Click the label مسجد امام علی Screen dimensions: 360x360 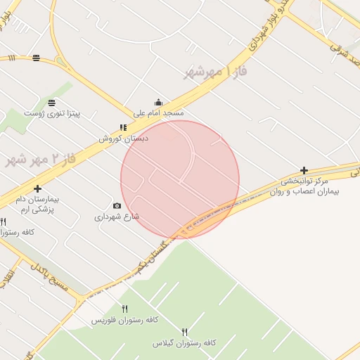click(x=159, y=112)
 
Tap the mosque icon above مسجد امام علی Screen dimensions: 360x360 click(x=158, y=102)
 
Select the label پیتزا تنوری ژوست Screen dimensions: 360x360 click(x=52, y=112)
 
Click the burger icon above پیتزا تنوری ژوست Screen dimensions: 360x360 click(x=52, y=103)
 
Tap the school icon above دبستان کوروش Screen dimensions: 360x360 click(x=123, y=128)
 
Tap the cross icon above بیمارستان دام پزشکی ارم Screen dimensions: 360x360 click(x=37, y=188)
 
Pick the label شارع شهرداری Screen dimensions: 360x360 click(x=117, y=217)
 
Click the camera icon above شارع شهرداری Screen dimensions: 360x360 click(x=117, y=206)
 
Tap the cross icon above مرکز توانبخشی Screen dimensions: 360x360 click(x=304, y=170)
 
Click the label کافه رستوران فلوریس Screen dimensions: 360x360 click(x=125, y=320)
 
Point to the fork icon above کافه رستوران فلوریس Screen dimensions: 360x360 click(x=125, y=309)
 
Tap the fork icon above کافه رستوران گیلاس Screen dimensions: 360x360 click(x=185, y=331)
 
